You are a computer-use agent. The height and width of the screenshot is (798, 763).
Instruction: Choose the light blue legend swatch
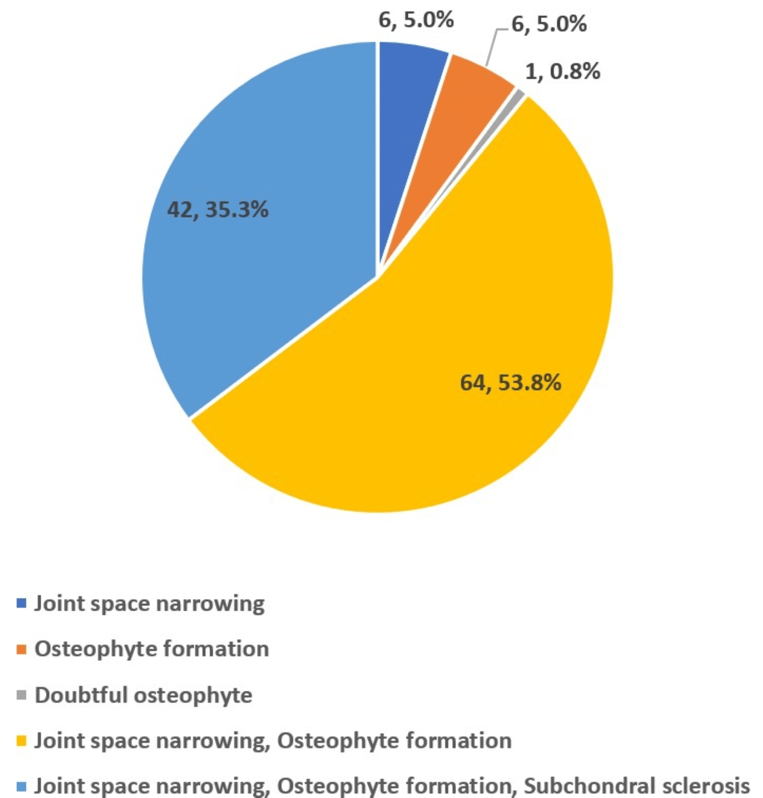point(22,786)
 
